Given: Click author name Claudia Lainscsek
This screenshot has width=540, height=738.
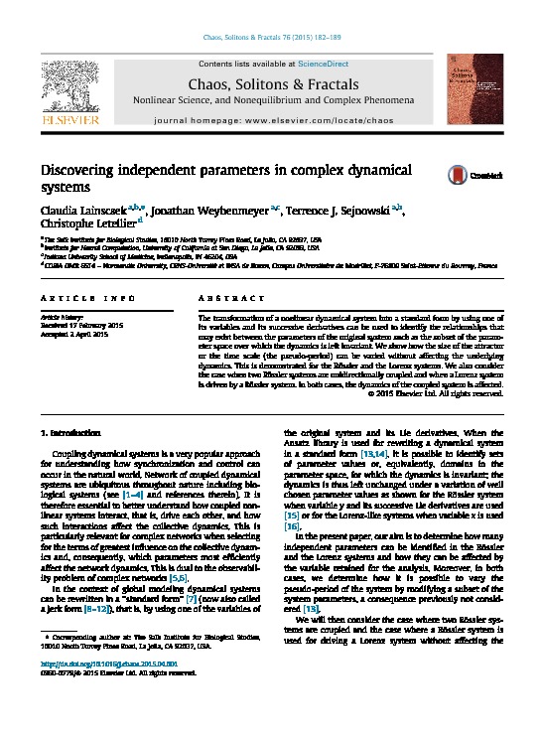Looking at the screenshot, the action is click(x=78, y=212).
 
